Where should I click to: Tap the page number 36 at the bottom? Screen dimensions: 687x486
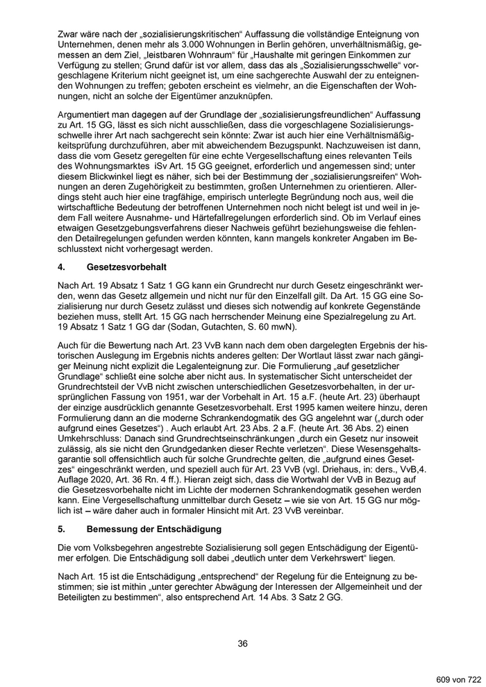click(x=243, y=643)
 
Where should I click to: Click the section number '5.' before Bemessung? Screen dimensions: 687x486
click(x=62, y=529)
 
